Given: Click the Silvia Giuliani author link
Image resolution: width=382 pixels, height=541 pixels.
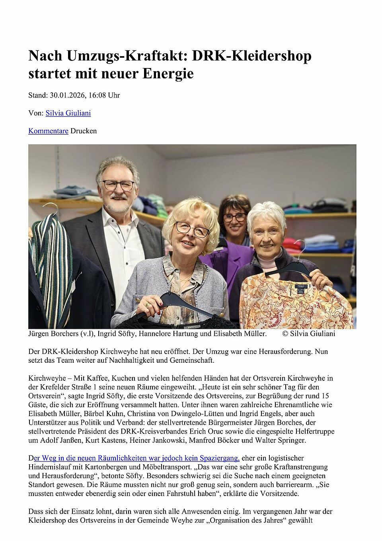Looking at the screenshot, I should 68,113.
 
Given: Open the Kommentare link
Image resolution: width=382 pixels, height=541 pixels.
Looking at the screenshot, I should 48,131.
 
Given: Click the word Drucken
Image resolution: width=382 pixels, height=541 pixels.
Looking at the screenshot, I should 84,131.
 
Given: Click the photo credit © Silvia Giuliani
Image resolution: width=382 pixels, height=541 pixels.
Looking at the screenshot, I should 309,333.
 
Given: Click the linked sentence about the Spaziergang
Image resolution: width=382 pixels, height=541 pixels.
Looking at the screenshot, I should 134,458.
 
